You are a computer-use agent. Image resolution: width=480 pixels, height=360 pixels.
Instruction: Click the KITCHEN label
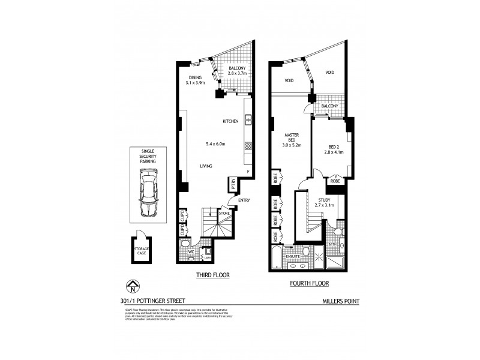[x=230, y=122]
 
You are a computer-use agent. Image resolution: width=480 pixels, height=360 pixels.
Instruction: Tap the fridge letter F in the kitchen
[x=247, y=172]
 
